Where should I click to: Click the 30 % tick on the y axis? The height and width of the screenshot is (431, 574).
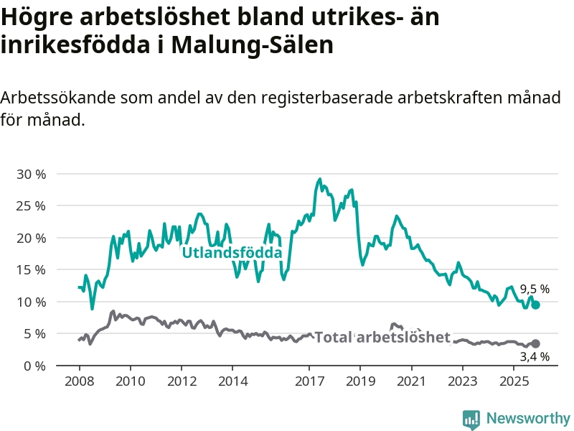pyautogui.click(x=31, y=174)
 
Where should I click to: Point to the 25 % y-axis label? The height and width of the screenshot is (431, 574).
pyautogui.click(x=31, y=206)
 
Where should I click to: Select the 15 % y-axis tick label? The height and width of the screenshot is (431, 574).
pyautogui.click(x=31, y=270)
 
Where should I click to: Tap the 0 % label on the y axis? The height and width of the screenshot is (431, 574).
pyautogui.click(x=34, y=366)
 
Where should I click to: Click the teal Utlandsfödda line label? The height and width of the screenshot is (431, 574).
pyautogui.click(x=232, y=253)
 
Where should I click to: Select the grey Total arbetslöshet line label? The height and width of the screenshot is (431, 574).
pyautogui.click(x=382, y=338)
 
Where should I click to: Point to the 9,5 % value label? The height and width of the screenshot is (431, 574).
pyautogui.click(x=535, y=289)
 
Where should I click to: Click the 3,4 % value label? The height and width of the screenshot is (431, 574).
pyautogui.click(x=535, y=356)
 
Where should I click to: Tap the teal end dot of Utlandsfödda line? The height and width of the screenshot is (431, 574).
pyautogui.click(x=535, y=305)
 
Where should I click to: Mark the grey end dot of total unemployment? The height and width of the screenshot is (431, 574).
pyautogui.click(x=535, y=344)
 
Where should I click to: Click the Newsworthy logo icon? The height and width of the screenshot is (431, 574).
pyautogui.click(x=471, y=419)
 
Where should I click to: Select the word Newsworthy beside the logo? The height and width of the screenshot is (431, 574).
pyautogui.click(x=528, y=419)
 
